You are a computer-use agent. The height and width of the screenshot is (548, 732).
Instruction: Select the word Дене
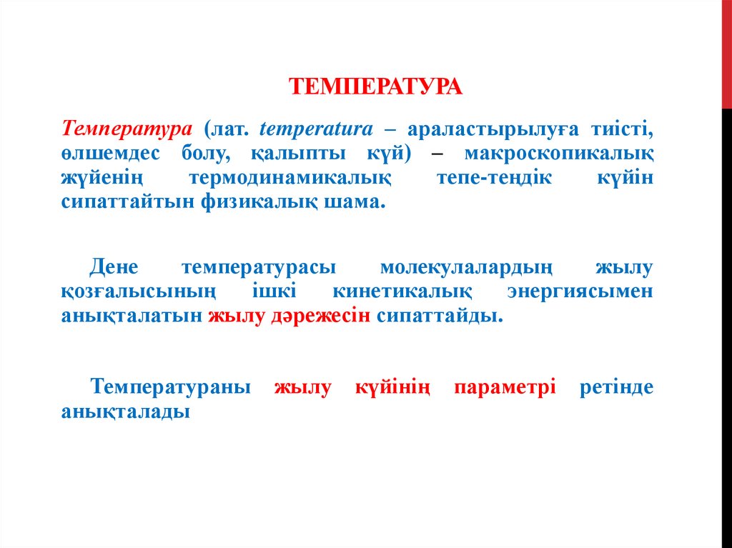(x=118, y=269)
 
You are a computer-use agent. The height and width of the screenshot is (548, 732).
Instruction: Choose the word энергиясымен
(x=580, y=293)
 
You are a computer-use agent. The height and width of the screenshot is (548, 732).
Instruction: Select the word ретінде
(x=617, y=388)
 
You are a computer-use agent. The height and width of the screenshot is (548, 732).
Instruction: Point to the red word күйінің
(x=393, y=388)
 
